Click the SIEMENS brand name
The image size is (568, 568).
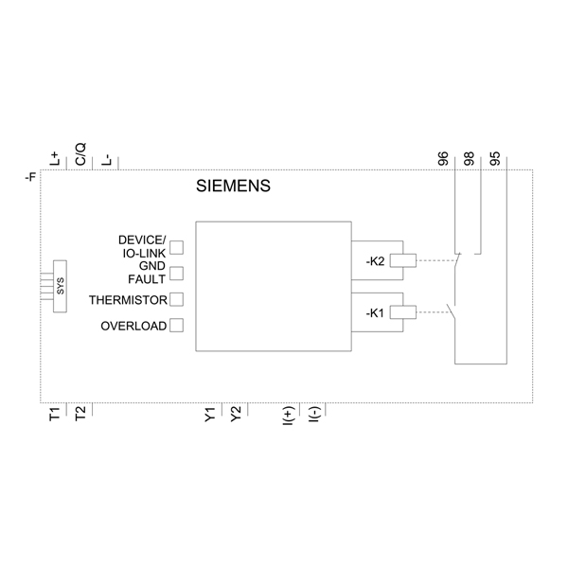click(x=233, y=186)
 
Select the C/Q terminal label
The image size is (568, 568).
click(x=80, y=155)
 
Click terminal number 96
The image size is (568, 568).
click(x=444, y=157)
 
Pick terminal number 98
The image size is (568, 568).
click(x=470, y=157)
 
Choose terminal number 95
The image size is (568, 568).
click(x=495, y=157)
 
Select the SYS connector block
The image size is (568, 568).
click(x=61, y=288)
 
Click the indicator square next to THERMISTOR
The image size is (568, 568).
click(x=176, y=300)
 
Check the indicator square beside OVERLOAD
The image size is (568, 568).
click(x=176, y=326)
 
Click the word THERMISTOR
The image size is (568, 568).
click(x=128, y=300)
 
